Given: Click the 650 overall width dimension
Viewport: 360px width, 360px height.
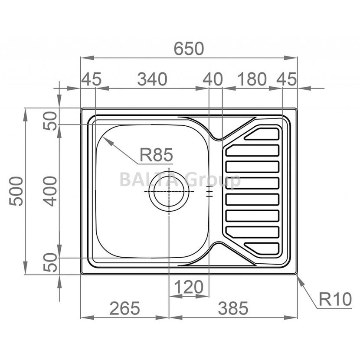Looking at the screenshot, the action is (189, 49).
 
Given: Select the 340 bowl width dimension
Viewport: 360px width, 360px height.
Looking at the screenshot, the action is (152, 79).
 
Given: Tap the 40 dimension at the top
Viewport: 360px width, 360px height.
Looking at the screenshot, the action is (213, 79).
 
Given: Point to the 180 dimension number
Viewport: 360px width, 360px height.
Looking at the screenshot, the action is (252, 79).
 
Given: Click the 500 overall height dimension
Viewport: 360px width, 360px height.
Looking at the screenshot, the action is (16, 191).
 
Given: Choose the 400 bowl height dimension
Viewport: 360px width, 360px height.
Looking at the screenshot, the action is (50, 191).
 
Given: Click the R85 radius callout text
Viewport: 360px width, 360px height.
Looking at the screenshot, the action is (156, 155).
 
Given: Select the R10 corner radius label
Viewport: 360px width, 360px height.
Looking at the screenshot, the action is (335, 299).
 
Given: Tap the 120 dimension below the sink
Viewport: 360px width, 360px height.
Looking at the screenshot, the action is (189, 287).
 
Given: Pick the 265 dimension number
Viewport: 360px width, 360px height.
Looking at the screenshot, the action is (124, 308).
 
